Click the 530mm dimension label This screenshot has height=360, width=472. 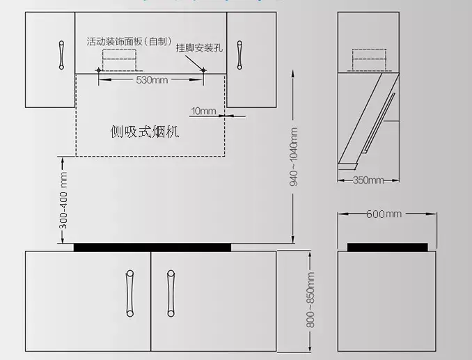tap(152, 80)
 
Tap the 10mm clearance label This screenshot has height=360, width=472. tap(203, 111)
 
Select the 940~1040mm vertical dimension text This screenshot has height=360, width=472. tap(294, 157)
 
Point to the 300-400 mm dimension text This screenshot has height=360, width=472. tap(63, 200)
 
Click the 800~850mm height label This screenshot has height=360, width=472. tap(310, 300)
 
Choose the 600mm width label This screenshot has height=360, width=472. tap(384, 214)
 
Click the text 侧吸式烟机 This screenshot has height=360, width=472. tap(145, 132)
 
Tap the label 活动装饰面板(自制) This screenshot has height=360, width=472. tap(129, 41)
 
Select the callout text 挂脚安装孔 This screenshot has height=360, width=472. tap(199, 47)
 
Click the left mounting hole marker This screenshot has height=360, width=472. tap(98, 70)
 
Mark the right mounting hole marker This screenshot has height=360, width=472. tap(203, 70)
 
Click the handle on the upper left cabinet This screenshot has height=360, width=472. tap(61, 55)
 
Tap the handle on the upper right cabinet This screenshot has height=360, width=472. tap(239, 55)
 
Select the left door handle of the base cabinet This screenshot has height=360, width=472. tap(130, 293)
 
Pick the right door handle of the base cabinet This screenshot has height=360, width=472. tap(171, 293)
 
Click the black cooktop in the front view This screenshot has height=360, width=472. tap(152, 247)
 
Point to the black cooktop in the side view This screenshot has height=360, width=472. tap(387, 247)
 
